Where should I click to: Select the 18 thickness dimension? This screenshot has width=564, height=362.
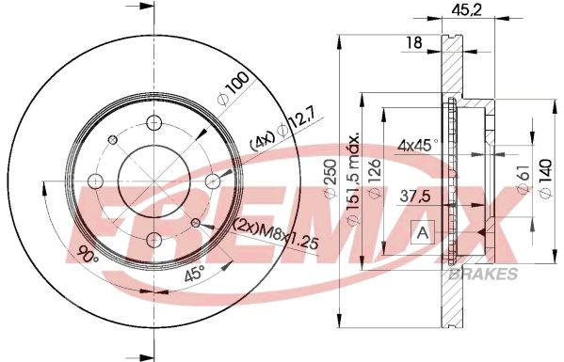coord(413,42)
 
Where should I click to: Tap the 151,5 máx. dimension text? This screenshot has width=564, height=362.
coord(353,179)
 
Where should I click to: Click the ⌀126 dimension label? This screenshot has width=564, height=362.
coord(375,179)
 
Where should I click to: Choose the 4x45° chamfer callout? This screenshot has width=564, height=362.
coord(418,146)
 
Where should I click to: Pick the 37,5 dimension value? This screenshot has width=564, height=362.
coord(415,197)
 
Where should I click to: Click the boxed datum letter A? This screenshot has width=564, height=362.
coord(423,233)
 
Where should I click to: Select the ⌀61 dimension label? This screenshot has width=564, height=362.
coord(525,179)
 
